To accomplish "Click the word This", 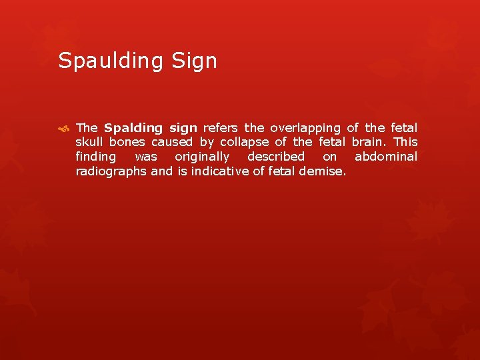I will coord(405,142).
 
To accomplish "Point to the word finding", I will coord(95,157).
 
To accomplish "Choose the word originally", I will coord(202,157).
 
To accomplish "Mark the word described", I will coord(276,157).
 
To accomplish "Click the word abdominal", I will coord(386,157).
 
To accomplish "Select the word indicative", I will coord(221,171).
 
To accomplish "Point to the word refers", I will coord(222,127).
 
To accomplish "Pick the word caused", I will coord(173,142).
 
